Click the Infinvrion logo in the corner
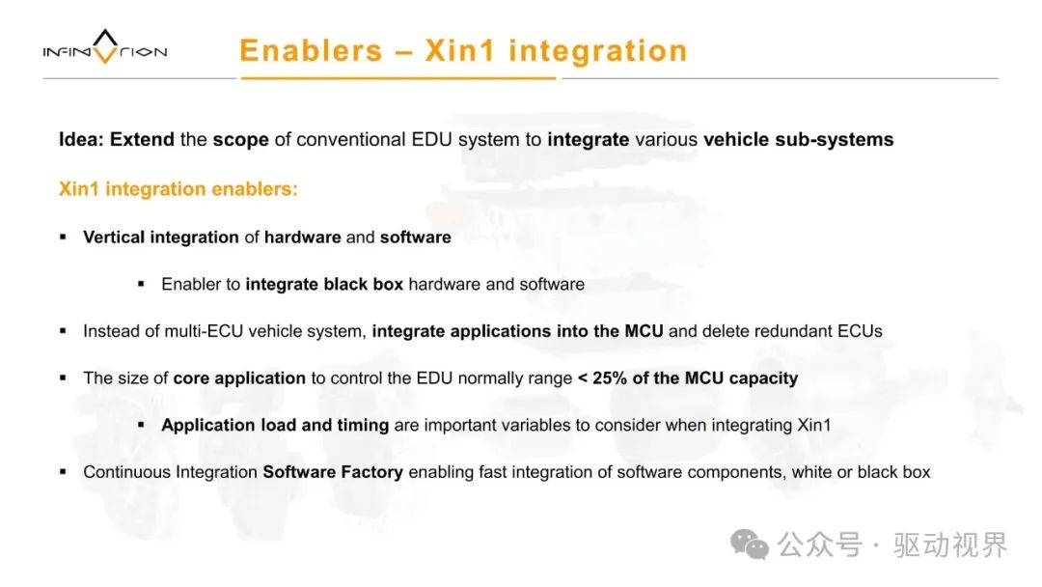[x=105, y=47]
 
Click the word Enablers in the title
[x=311, y=50]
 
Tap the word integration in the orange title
[x=598, y=50]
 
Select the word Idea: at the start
[x=81, y=140]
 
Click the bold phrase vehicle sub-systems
[x=798, y=140]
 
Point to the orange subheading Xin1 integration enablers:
[x=178, y=189]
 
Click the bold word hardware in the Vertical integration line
[x=302, y=238]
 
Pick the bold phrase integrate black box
[x=324, y=285]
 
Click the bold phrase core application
[x=239, y=378]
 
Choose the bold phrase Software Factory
[x=333, y=472]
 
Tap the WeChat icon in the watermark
[x=750, y=545]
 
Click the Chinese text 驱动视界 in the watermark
[x=950, y=545]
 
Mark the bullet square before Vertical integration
[x=63, y=237]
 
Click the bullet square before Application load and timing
[x=141, y=425]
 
